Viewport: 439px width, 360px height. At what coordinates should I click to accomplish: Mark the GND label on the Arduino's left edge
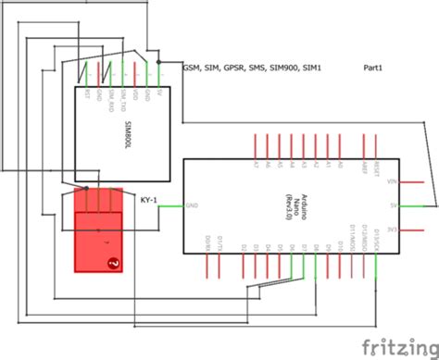coord(192,205)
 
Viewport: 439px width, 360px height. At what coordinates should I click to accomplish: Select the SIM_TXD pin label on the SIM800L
coord(123,99)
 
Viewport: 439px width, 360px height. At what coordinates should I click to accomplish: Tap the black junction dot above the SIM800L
coord(159,62)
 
